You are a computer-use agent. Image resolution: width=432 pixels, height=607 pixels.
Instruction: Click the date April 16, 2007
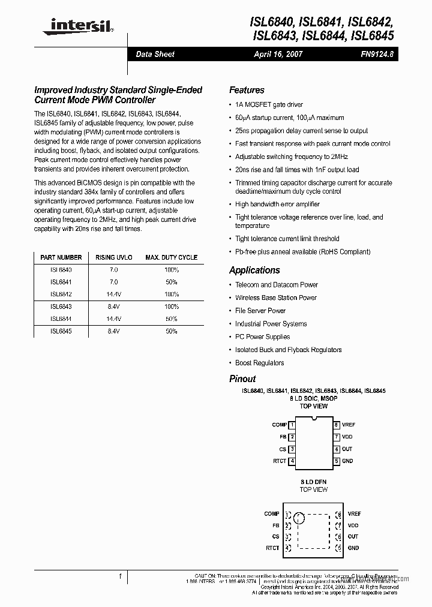tap(278, 54)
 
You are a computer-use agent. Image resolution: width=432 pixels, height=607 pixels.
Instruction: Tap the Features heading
tap(247, 90)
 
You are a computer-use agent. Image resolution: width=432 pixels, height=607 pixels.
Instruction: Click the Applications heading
tap(254, 271)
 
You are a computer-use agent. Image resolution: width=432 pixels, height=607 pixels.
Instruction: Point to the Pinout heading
tap(242, 379)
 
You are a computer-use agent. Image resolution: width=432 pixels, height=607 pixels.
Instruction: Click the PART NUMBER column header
tap(61, 257)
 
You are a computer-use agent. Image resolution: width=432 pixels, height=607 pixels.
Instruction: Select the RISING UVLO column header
tap(114, 257)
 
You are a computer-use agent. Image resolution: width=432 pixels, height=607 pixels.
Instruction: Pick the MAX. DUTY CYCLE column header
tap(171, 257)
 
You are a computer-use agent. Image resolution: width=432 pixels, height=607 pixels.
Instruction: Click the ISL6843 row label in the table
tap(61, 306)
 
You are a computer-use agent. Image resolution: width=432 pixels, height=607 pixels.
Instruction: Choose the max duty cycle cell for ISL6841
tap(171, 282)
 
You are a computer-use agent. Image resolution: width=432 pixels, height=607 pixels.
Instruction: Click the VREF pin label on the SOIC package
tap(349, 425)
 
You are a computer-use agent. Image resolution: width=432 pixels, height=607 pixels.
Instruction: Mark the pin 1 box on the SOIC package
tap(292, 425)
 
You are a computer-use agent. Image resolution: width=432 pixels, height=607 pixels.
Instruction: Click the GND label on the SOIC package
tap(347, 461)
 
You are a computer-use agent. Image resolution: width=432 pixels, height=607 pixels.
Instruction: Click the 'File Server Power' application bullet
tap(260, 311)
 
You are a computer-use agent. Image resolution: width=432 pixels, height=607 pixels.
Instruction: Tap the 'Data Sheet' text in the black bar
tap(155, 54)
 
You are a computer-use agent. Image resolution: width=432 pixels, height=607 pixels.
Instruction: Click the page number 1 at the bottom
tap(120, 576)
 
